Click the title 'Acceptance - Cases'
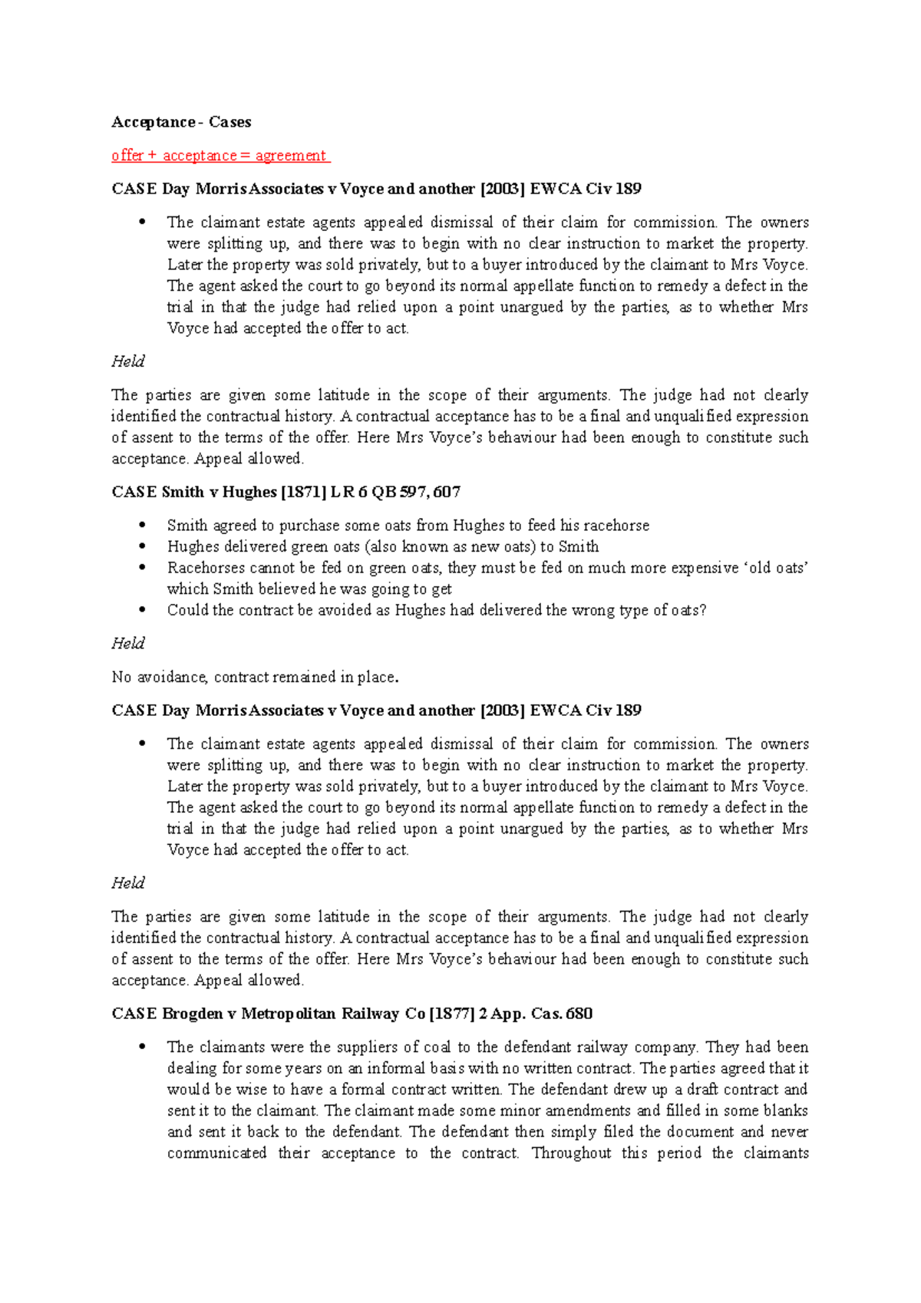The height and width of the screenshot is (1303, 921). click(181, 122)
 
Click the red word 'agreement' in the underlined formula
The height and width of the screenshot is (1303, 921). click(291, 156)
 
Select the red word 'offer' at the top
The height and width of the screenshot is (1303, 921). click(127, 156)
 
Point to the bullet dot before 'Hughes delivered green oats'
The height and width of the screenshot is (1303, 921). click(141, 546)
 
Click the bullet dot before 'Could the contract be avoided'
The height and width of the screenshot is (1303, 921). click(141, 610)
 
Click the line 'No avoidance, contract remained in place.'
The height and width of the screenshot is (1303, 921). click(255, 677)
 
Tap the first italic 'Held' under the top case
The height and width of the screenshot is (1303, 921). click(127, 361)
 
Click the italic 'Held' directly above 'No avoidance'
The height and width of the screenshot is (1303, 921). click(127, 643)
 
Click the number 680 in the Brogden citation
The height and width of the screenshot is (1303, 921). click(578, 1014)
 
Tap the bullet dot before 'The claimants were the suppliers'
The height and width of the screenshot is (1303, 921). click(141, 1047)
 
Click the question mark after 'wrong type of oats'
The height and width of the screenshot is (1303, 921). click(703, 610)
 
